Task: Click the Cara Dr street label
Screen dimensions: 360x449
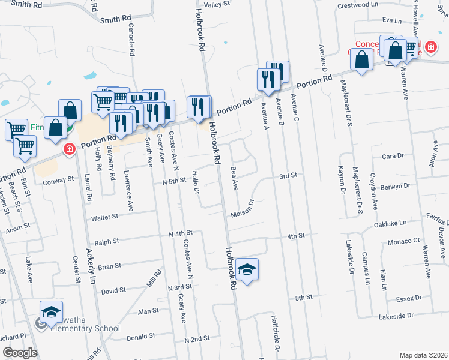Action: [x=393, y=156]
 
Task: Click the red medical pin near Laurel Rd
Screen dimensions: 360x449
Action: [x=70, y=149]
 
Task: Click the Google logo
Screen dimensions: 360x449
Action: [x=20, y=353]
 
